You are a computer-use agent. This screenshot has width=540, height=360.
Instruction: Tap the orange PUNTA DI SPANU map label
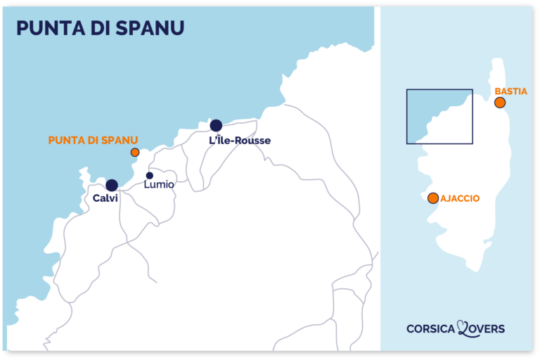(93, 141)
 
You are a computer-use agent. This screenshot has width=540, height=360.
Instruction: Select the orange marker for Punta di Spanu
(135, 152)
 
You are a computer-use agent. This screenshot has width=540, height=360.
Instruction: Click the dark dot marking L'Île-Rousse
(216, 126)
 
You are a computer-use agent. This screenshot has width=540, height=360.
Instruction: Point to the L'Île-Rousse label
(240, 141)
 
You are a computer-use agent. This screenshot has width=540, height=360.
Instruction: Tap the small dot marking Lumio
(149, 176)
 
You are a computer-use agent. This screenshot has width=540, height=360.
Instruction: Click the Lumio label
(158, 185)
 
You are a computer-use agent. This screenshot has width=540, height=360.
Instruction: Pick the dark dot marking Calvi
(112, 186)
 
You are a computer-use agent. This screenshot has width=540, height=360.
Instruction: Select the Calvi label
(105, 199)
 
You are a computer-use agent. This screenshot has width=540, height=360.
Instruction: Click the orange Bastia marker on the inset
(500, 103)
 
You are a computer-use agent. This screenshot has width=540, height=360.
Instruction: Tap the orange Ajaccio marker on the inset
(432, 198)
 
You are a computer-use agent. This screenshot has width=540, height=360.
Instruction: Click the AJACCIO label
(461, 199)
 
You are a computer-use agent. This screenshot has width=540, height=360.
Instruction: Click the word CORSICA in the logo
(430, 328)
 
